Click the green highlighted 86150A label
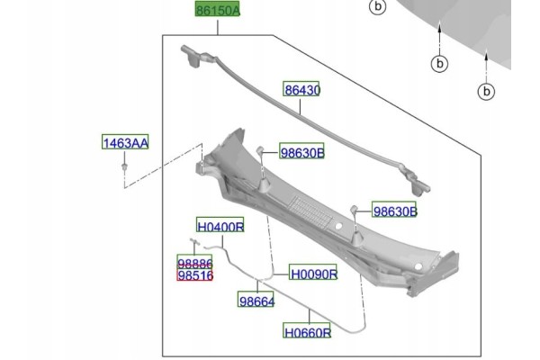(x=217, y=9)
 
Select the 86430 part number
(x=301, y=89)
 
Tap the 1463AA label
(x=125, y=142)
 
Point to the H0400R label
(x=220, y=225)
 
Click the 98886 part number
(x=194, y=263)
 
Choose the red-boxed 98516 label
(x=194, y=274)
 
